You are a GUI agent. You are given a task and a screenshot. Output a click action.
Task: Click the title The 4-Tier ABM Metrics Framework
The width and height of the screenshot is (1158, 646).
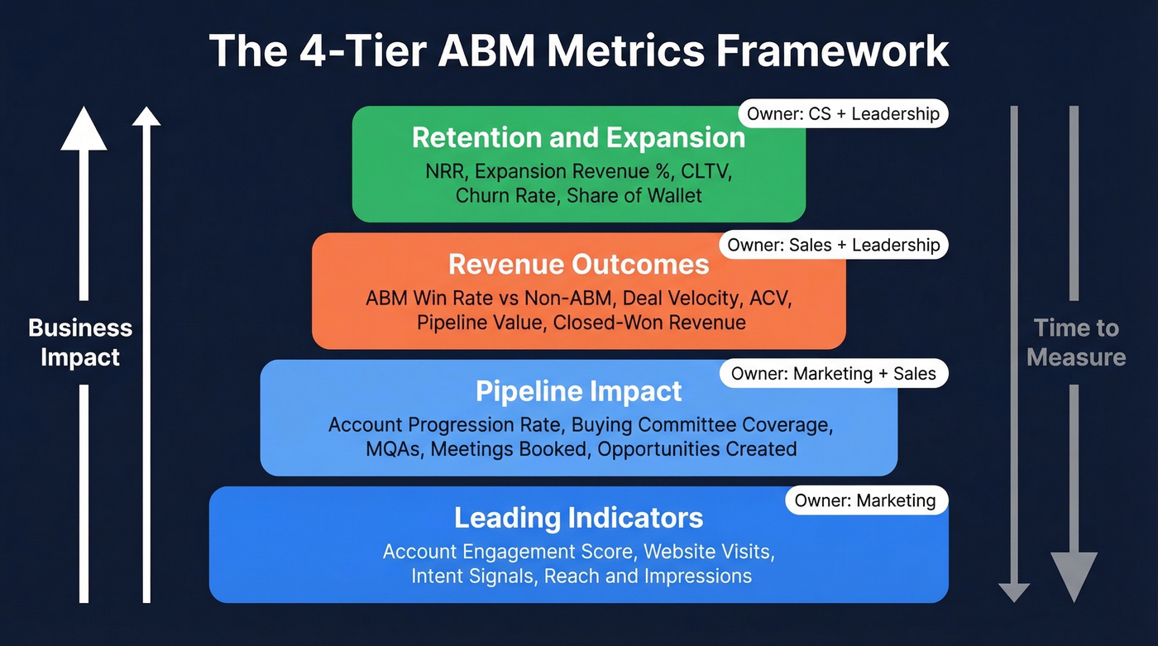579,51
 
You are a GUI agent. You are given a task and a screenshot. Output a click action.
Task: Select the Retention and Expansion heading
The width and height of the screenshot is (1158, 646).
579,138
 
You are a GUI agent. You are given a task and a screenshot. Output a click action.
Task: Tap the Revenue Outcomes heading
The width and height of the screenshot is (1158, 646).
579,265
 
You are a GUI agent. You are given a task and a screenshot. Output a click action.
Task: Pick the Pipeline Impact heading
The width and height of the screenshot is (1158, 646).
579,391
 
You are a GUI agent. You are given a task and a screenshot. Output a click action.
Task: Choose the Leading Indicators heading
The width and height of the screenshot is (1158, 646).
579,519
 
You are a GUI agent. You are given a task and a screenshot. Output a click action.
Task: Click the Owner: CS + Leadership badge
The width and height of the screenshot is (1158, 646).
843,114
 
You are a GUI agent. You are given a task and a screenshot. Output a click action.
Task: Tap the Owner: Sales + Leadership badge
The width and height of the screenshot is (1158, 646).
833,245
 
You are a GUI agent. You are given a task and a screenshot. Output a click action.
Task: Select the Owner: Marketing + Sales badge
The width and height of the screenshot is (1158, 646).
833,374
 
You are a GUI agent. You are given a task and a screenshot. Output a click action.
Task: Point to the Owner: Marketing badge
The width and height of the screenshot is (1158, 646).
865,500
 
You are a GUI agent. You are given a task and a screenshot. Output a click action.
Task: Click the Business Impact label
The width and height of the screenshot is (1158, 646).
80,342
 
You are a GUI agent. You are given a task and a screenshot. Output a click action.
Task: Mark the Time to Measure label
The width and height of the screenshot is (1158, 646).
1076,342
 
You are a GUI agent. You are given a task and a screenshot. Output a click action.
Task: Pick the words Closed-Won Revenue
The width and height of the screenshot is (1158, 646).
649,323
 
